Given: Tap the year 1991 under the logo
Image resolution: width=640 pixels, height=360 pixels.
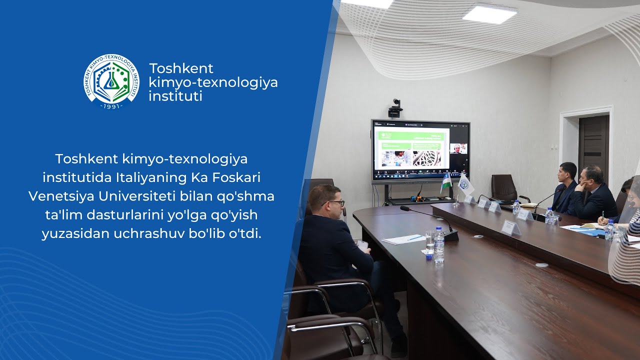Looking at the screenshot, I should pyautogui.click(x=111, y=106).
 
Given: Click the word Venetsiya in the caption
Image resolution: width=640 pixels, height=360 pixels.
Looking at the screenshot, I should pyautogui.click(x=58, y=196).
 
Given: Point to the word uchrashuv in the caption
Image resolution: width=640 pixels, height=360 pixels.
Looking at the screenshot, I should pyautogui.click(x=162, y=233).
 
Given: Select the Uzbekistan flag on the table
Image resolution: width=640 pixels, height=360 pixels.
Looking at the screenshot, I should pyautogui.click(x=446, y=182).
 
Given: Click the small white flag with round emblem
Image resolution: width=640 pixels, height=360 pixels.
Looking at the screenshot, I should pyautogui.click(x=465, y=185).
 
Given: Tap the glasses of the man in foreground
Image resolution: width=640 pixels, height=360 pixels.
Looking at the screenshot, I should pyautogui.click(x=336, y=203).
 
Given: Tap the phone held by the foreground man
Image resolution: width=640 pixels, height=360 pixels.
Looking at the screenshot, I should pyautogui.click(x=362, y=245).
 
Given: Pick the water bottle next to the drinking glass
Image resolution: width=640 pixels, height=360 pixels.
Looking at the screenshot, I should pyautogui.click(x=439, y=245).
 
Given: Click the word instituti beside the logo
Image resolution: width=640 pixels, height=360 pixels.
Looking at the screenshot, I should pyautogui.click(x=175, y=96).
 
